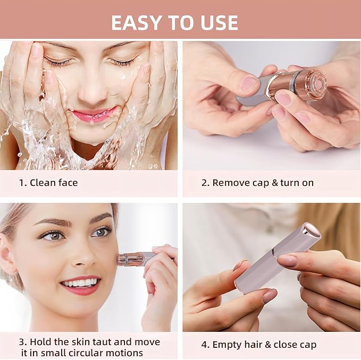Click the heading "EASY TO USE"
(x=175, y=22)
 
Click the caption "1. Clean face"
(x=48, y=183)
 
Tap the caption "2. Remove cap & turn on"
(x=257, y=183)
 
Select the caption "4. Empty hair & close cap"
(x=258, y=345)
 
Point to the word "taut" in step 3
(x=101, y=341)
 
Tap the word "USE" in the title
(x=216, y=22)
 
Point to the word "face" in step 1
(x=67, y=183)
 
